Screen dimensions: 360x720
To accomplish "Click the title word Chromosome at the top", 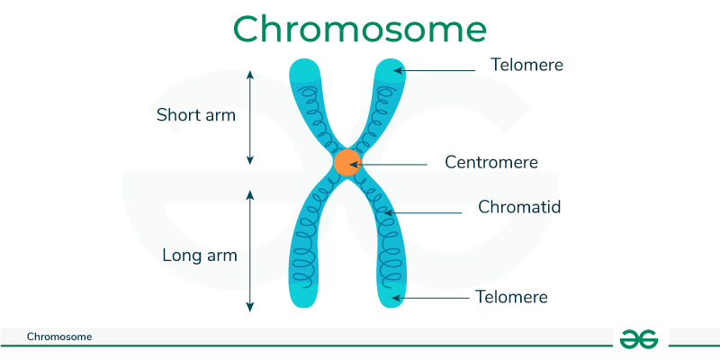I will (x=359, y=29).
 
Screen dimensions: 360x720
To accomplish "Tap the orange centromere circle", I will (x=347, y=163).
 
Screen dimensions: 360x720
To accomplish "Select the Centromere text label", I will (x=491, y=163).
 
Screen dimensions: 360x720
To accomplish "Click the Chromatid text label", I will (x=519, y=207).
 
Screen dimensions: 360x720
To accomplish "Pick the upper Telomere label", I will (x=526, y=65).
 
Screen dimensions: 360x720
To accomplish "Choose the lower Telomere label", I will (x=510, y=296).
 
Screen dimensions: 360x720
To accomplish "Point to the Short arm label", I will (x=196, y=115).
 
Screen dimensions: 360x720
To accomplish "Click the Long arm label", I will (x=200, y=256).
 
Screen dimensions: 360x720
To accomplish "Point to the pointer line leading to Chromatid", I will (x=427, y=213).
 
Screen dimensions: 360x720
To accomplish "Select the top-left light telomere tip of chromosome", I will (x=303, y=72).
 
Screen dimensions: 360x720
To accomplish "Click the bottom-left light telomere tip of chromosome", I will (x=303, y=292).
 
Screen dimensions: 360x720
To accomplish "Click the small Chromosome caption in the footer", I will (x=59, y=337).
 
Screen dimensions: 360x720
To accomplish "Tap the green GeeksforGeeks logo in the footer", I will (x=639, y=337).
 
